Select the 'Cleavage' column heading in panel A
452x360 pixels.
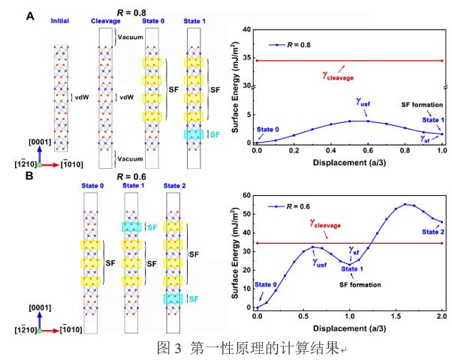pyautogui.click(x=104, y=21)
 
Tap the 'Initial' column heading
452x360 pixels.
pyautogui.click(x=61, y=21)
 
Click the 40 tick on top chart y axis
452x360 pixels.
pyautogui.click(x=246, y=29)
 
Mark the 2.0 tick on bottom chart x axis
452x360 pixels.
pyautogui.click(x=442, y=316)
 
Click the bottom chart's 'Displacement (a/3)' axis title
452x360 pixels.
pyautogui.click(x=350, y=328)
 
